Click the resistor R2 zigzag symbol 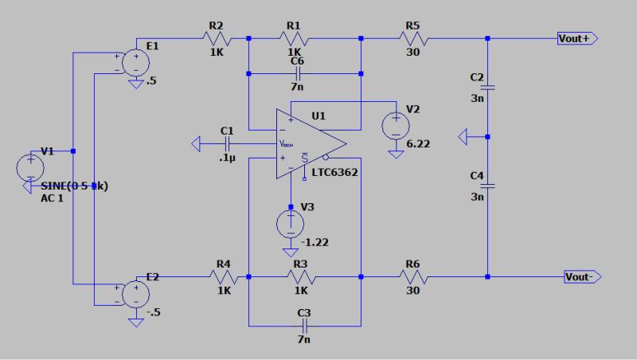(x=217, y=37)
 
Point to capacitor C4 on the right (x=487, y=186)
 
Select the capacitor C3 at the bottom (x=303, y=326)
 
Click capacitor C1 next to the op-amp (x=228, y=144)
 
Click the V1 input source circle (x=30, y=167)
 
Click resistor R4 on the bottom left (x=223, y=276)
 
